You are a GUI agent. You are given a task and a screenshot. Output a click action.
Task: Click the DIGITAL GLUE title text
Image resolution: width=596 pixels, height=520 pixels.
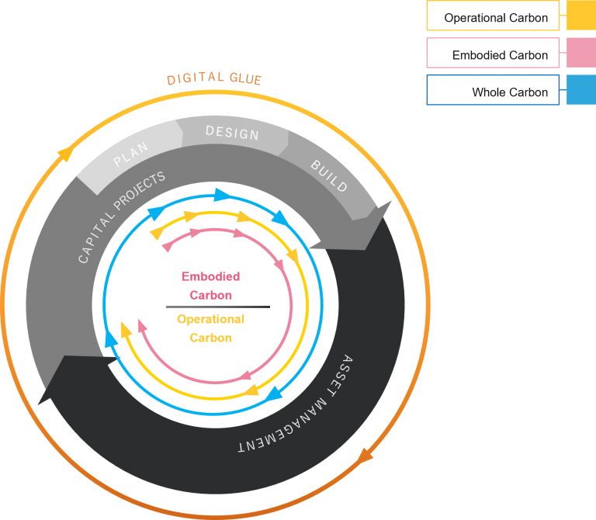(x=214, y=79)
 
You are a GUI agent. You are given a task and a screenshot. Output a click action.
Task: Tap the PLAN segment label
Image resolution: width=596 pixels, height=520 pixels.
(x=130, y=156)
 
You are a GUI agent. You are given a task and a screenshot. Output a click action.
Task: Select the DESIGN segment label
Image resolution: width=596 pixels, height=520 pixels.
(x=232, y=133)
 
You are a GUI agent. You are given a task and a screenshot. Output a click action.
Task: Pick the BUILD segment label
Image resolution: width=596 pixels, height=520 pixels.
(x=329, y=176)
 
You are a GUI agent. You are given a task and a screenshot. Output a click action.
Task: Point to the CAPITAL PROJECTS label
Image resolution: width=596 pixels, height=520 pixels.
(x=122, y=218)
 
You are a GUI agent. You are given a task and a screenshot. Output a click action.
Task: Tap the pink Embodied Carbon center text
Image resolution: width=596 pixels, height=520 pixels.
(x=210, y=286)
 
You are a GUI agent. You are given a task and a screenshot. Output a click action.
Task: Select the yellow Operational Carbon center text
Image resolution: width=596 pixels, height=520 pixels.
(x=210, y=328)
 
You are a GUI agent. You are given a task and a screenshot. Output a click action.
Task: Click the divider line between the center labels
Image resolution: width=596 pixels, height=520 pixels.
(x=217, y=307)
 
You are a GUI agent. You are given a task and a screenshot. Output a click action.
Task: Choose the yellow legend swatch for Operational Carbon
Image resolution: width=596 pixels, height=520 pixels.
(x=581, y=16)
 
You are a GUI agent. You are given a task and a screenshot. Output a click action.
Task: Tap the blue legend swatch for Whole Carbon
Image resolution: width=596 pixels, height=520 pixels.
(x=581, y=90)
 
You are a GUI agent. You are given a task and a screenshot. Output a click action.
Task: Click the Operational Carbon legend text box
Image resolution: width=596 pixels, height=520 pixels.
(x=493, y=16)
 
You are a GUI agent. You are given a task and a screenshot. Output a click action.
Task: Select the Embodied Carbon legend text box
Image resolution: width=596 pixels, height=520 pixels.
(x=493, y=54)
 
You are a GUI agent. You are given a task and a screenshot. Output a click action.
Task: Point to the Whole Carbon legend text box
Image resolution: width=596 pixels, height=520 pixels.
(x=493, y=90)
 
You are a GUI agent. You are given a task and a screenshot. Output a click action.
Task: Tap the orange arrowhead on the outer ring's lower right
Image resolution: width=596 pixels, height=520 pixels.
(x=366, y=453)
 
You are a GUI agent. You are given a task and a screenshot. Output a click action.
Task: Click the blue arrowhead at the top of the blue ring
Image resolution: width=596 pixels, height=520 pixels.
(x=221, y=194)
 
